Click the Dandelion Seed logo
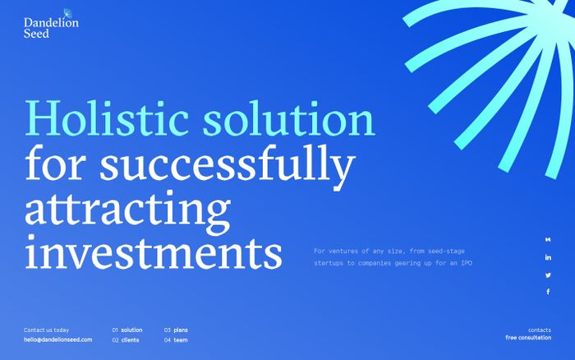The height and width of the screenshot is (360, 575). coord(51,24)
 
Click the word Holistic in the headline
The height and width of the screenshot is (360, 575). coord(107,118)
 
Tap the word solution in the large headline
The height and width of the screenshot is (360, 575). coord(289,118)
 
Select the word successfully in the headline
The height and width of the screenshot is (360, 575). coord(228,167)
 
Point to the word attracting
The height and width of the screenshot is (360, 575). coord(127,212)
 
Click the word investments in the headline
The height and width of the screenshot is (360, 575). coord(154,252)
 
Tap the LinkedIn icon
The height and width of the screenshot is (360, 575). coord(548,257)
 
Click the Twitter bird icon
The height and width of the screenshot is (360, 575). coord(548,275)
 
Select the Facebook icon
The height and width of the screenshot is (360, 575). coord(548,292)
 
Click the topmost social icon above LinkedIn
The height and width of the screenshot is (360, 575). coord(548,240)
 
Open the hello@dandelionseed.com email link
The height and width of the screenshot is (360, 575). coord(58,339)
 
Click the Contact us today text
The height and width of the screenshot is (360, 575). coord(46,330)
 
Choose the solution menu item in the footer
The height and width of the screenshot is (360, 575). coord(131,330)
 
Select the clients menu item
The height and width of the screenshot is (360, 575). coord(130,339)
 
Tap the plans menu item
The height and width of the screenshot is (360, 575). coord(181,330)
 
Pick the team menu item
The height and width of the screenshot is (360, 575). coord(181,339)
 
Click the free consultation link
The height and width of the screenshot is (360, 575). coord(528,338)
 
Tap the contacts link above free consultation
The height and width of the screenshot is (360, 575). coord(540,330)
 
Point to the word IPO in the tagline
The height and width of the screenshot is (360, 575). coord(467,263)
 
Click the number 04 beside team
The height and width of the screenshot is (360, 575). coord(168,339)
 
